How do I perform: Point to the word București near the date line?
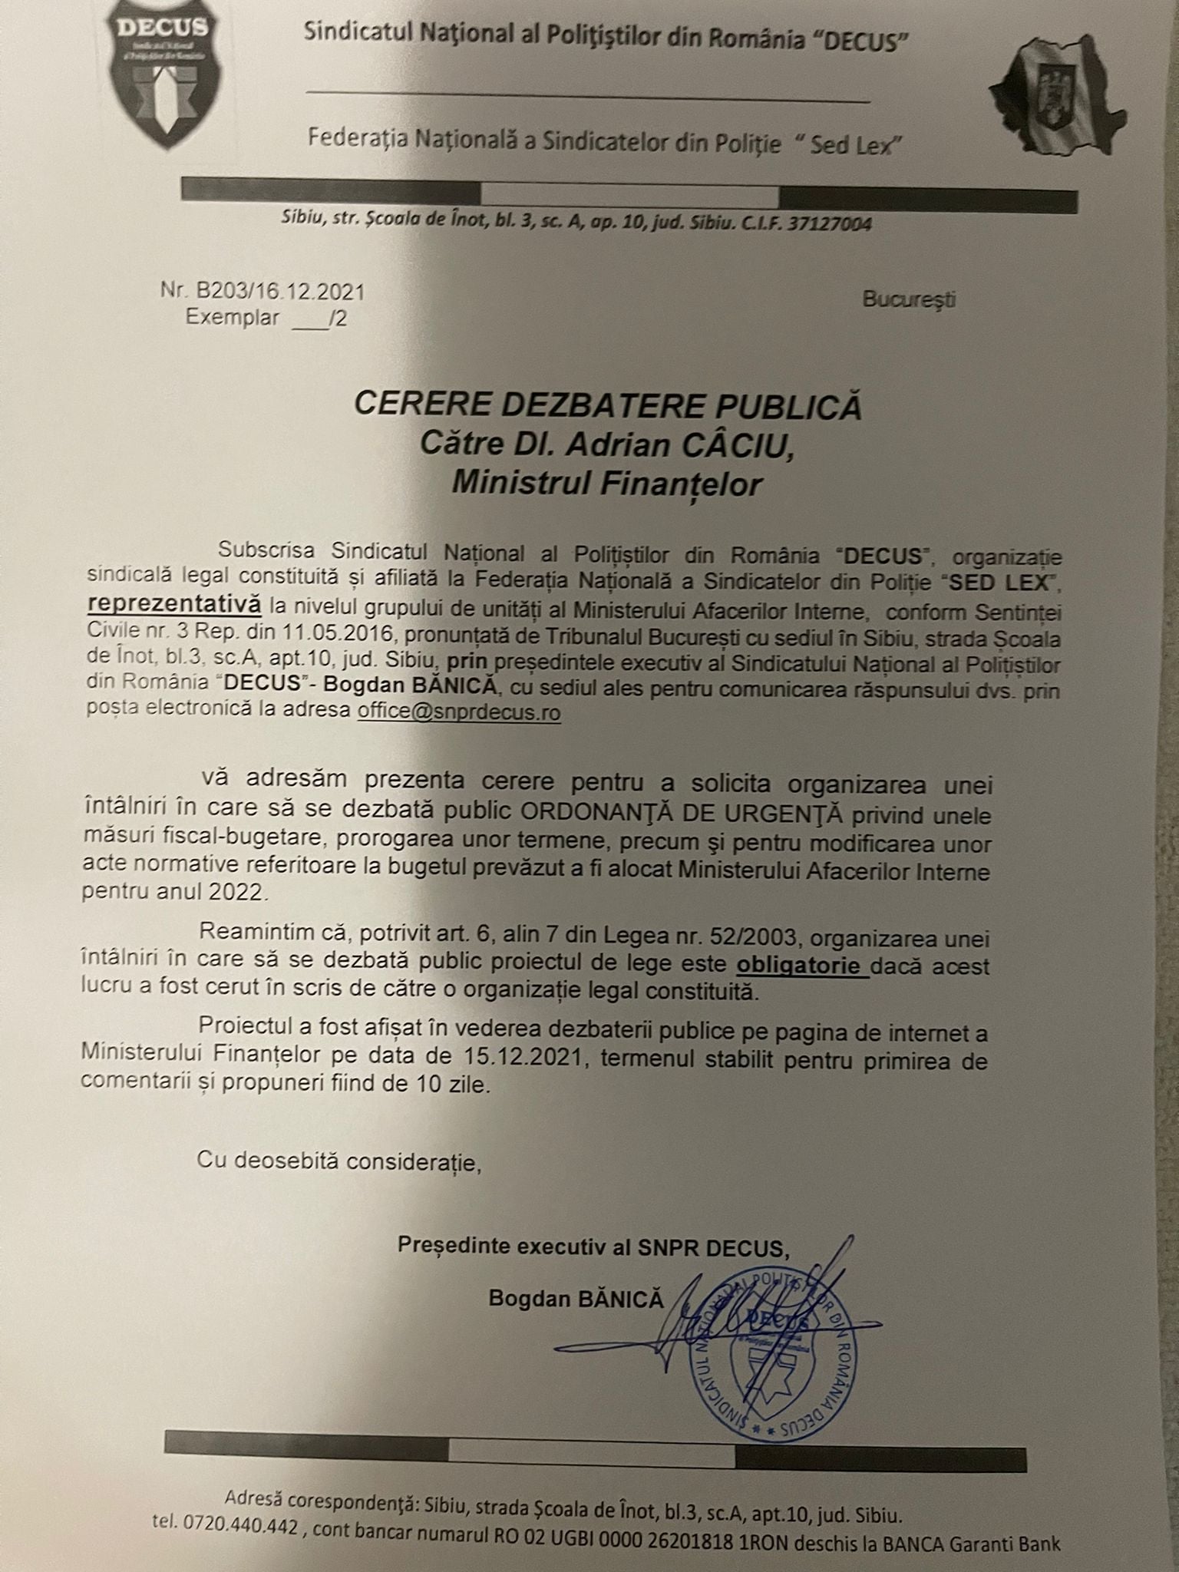[x=909, y=299]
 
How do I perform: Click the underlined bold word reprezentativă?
[x=174, y=604]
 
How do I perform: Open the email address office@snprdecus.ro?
[x=459, y=712]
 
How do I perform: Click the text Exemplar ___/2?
[x=266, y=318]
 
